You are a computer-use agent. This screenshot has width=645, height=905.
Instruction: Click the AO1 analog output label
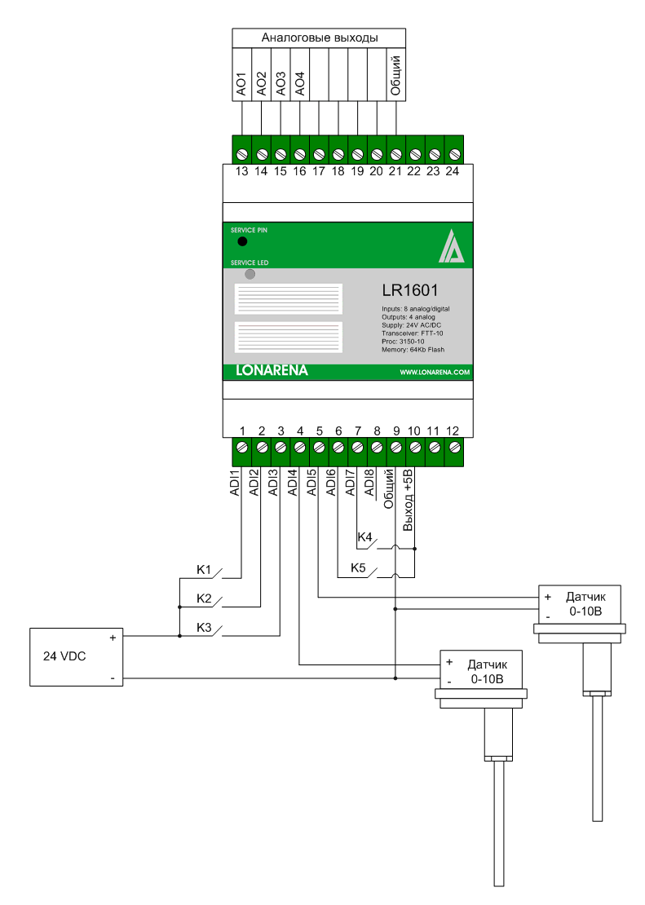click(241, 85)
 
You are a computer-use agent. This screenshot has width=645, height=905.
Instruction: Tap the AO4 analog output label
click(300, 85)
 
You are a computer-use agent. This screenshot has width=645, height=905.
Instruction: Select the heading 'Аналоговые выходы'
click(319, 38)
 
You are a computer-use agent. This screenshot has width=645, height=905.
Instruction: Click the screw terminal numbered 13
click(242, 153)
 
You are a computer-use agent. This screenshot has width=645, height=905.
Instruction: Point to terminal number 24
click(453, 153)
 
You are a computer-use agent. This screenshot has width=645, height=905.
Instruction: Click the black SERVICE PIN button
click(242, 242)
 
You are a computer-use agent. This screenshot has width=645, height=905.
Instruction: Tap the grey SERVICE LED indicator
click(250, 275)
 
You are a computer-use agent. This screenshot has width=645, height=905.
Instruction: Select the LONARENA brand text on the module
click(267, 371)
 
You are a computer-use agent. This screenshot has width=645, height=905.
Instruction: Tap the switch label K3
click(204, 627)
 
